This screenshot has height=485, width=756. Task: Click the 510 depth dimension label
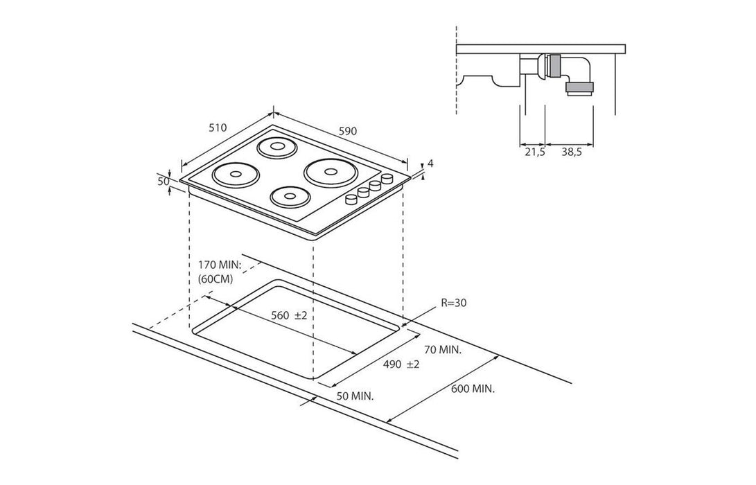218,127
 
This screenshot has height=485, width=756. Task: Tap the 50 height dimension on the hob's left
164,182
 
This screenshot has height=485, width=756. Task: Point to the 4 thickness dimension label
430,164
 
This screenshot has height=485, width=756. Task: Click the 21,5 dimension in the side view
534,152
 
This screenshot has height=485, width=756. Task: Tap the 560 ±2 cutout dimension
288,315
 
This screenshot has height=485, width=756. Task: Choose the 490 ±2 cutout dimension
403,364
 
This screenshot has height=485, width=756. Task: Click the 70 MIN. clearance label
442,350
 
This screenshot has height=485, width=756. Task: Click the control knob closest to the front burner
351,200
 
